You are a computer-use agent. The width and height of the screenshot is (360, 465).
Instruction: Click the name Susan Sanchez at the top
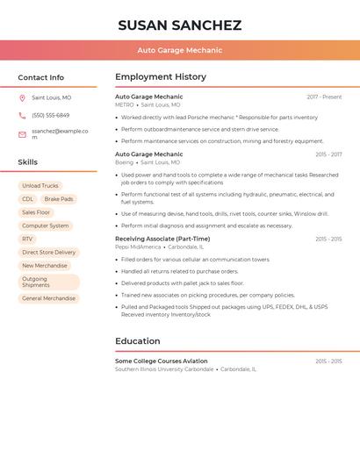[x=179, y=25]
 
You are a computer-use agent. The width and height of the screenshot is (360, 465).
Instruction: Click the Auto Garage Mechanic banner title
[x=179, y=50]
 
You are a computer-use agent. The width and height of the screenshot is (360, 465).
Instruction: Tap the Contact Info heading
[x=41, y=77]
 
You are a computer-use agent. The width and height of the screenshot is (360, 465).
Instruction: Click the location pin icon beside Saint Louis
[x=22, y=97]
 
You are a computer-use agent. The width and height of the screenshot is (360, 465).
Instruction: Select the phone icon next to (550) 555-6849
[x=22, y=115]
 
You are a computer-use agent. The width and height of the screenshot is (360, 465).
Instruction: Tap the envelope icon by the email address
[x=22, y=134]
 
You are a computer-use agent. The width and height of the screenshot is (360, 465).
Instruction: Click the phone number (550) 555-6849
[x=50, y=115]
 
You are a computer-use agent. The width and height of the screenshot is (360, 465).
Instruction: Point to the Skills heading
[x=28, y=162]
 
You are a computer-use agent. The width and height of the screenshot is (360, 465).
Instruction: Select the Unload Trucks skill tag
[x=40, y=186]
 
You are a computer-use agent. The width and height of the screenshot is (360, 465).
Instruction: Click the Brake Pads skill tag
[x=59, y=199]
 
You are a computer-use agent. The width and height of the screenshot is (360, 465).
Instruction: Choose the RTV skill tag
[x=27, y=239]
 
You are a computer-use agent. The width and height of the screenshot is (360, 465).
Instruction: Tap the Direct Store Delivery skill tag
[x=48, y=253]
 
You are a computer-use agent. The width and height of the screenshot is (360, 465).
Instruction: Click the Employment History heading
[x=161, y=77]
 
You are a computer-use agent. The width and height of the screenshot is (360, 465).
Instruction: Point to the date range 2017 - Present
[x=324, y=97]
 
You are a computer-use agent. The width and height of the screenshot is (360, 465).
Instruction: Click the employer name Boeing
[x=124, y=162]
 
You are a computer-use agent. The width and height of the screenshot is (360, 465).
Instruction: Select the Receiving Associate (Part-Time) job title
[x=162, y=239]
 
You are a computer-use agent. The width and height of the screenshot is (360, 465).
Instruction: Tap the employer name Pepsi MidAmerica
[x=138, y=247]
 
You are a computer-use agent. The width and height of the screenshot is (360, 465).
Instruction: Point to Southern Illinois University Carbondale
[x=164, y=369]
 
